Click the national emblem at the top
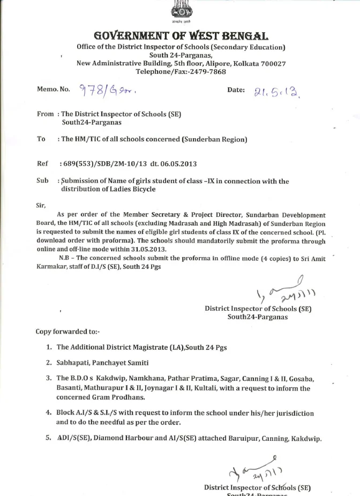(x=180, y=11)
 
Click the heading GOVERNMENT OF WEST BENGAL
(x=181, y=36)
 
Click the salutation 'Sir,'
(x=41, y=205)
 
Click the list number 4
(x=49, y=414)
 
